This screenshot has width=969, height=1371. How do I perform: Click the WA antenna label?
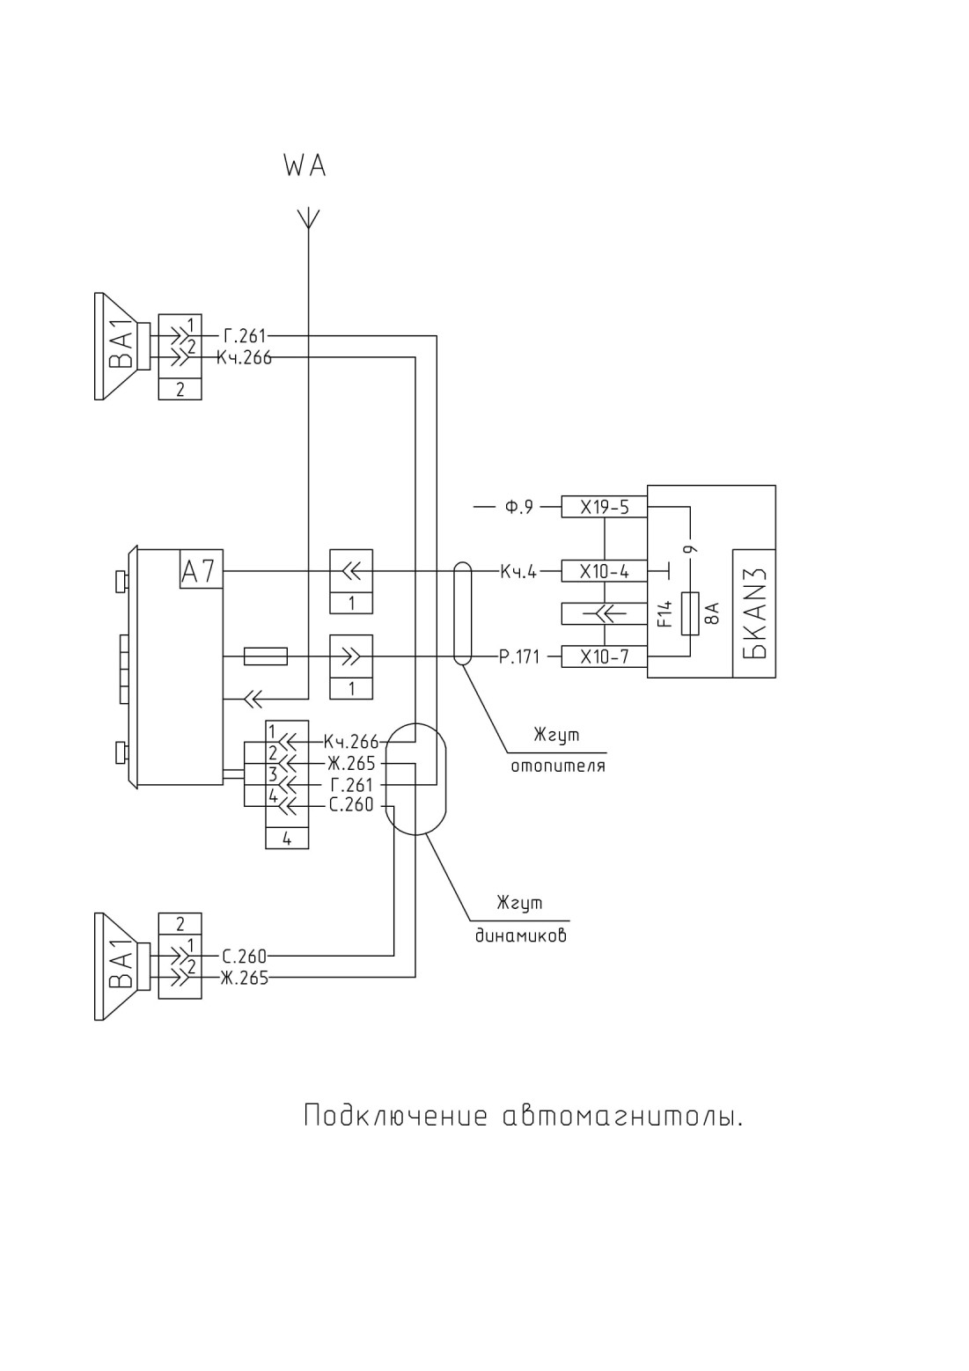pos(305,165)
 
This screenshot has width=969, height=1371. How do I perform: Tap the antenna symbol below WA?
pos(309,218)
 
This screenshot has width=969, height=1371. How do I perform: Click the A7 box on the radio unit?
pos(201,570)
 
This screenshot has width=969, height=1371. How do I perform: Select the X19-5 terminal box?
pos(604,507)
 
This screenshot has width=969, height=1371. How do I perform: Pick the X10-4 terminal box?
pos(604,571)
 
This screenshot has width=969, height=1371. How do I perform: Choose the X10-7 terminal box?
pos(604,656)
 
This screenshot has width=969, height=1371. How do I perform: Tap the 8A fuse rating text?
pos(712,612)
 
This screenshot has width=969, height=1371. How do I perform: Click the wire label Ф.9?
pos(518,507)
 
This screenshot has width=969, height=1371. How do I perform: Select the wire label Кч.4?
pos(518,572)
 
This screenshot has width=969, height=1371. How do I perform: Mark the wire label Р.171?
pos(519,657)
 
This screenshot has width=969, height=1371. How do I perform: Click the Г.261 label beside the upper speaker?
pos(245,336)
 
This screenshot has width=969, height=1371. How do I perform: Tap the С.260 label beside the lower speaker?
pos(245,956)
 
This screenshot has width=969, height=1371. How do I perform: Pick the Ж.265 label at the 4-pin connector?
pos(351,763)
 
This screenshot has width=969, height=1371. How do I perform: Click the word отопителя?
pos(558,766)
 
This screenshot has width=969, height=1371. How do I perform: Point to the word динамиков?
pos(521,935)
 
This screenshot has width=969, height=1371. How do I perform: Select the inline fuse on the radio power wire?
pos(266,656)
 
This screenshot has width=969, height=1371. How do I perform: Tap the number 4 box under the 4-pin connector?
pos(287,839)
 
